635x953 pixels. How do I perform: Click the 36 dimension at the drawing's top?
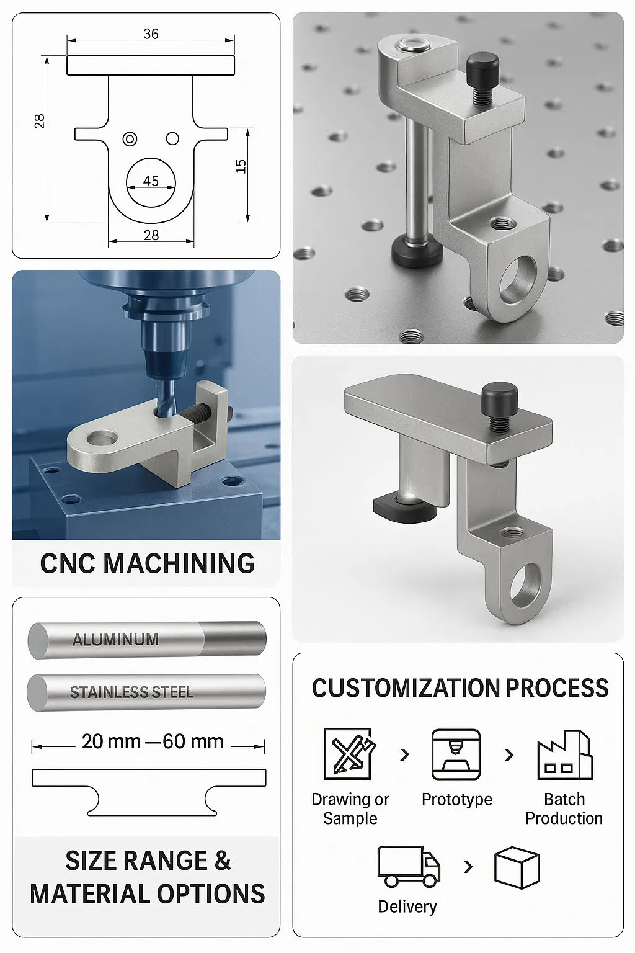pos(151,34)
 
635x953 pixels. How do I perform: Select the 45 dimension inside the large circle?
pos(151,181)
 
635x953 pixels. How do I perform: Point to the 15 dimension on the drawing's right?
pos(241,166)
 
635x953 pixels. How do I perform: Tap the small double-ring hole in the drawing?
pos(130,139)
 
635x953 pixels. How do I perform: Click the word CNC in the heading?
pos(68,563)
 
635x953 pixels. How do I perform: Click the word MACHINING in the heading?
pos(179,563)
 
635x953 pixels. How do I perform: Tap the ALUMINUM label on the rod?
pos(115,640)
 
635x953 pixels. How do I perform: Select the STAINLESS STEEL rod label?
pos(131,692)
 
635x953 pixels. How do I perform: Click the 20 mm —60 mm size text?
pos(152,741)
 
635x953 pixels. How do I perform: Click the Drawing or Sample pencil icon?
pos(349,754)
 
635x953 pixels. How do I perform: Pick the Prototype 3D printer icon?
pos(456,754)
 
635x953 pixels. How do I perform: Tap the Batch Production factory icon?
pos(564,755)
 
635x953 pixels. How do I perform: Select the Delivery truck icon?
pos(408,866)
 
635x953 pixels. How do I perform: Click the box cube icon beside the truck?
pos(517,867)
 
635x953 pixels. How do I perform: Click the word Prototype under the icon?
pos(456,799)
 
